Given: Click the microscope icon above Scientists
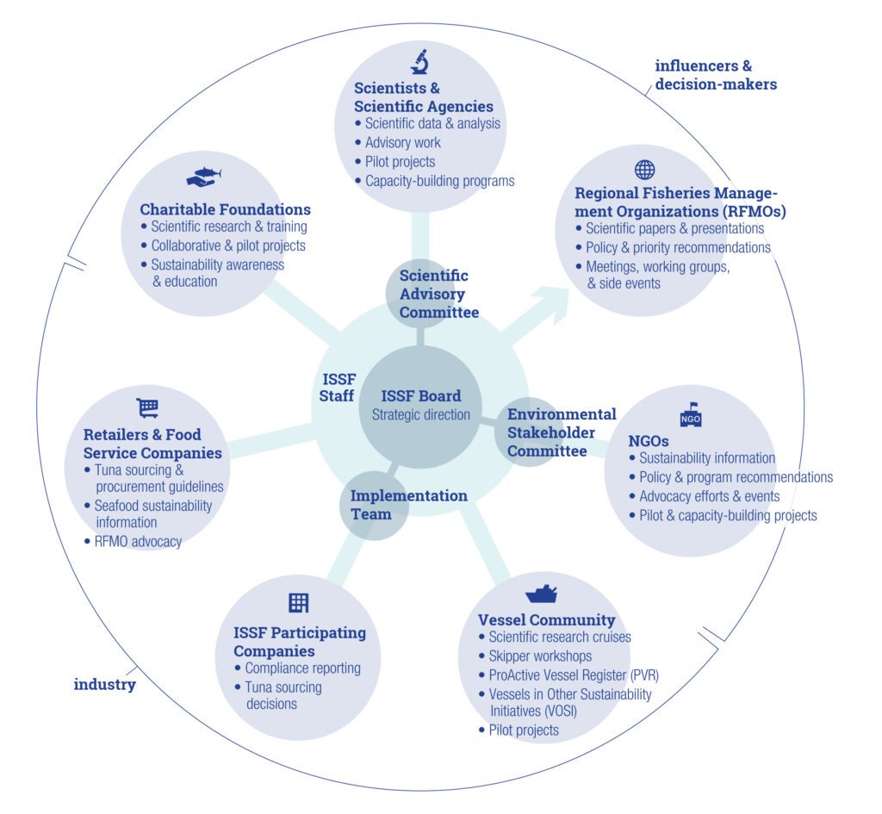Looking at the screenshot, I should (419, 62).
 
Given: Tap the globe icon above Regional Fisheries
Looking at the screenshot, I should (644, 169).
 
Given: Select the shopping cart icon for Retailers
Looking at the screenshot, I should (147, 407).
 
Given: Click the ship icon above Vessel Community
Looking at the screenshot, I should (541, 593).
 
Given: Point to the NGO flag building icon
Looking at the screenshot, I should (691, 414).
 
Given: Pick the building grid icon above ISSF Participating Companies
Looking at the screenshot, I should (298, 603).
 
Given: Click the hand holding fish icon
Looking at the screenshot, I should (204, 177).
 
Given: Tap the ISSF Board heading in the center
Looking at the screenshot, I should (421, 396).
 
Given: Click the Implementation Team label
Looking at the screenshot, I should (408, 505).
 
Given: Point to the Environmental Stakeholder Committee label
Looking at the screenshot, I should (561, 432).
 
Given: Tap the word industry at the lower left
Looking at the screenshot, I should (104, 685).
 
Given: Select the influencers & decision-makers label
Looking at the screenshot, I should (715, 75).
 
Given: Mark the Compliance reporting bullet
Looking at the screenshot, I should (301, 668).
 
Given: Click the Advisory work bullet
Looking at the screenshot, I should (402, 143).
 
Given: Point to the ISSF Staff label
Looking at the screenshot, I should (338, 388).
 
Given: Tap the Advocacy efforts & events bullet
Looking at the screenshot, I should (709, 496).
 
